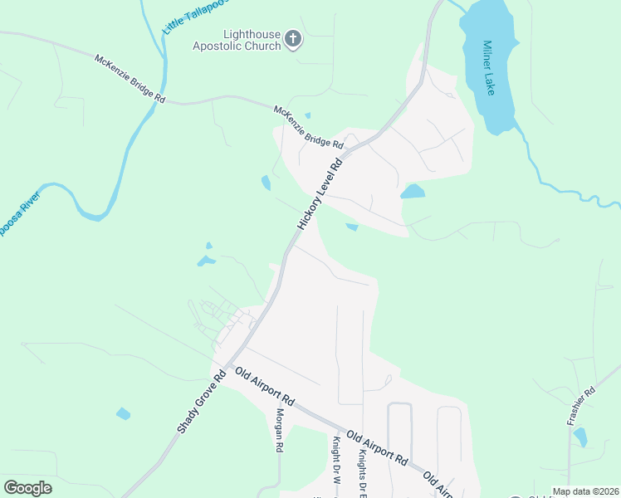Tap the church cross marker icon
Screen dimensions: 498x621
(292, 38)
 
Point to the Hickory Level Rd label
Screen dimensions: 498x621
(320, 189)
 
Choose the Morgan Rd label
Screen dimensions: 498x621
(280, 429)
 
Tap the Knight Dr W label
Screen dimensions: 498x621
(338, 461)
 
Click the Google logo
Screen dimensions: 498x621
(27, 488)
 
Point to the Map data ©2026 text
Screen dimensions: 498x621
(584, 491)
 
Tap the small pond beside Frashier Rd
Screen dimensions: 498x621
(580, 437)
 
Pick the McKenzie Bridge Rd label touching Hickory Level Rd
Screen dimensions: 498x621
(308, 126)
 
